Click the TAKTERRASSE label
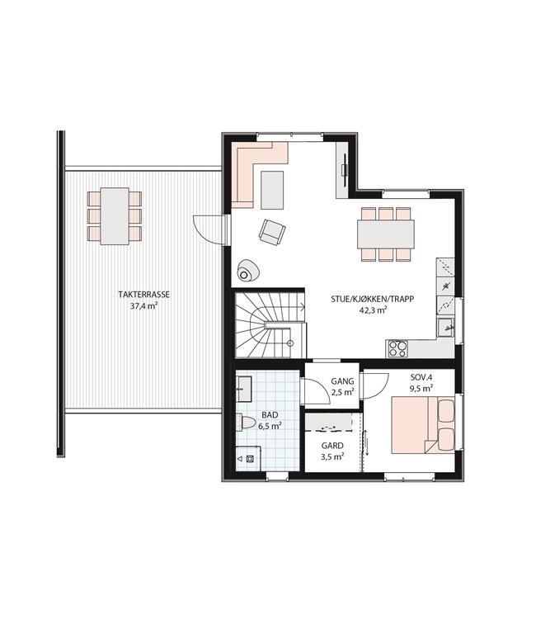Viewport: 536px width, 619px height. click(144, 295)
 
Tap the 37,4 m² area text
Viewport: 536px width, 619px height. click(144, 305)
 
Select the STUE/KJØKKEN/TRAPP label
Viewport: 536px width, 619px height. click(373, 300)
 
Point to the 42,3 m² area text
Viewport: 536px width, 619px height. click(373, 310)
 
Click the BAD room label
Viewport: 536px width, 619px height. click(270, 415)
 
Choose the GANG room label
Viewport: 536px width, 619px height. click(342, 381)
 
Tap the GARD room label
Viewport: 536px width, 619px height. click(332, 446)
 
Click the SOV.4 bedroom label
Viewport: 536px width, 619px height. click(421, 377)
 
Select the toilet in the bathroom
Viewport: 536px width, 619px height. click(245, 423)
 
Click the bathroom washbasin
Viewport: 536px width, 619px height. click(244, 389)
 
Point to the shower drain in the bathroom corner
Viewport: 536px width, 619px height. click(250, 459)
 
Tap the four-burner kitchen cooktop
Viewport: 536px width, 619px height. click(397, 348)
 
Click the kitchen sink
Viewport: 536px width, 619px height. click(445, 328)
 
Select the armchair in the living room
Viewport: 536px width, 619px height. click(272, 232)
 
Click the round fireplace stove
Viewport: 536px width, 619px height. click(247, 271)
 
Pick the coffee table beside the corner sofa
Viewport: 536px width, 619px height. click(272, 190)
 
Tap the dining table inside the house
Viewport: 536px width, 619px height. click(386, 234)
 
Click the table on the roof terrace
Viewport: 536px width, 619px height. click(115, 216)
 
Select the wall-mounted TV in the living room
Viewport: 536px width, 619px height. click(346, 170)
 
